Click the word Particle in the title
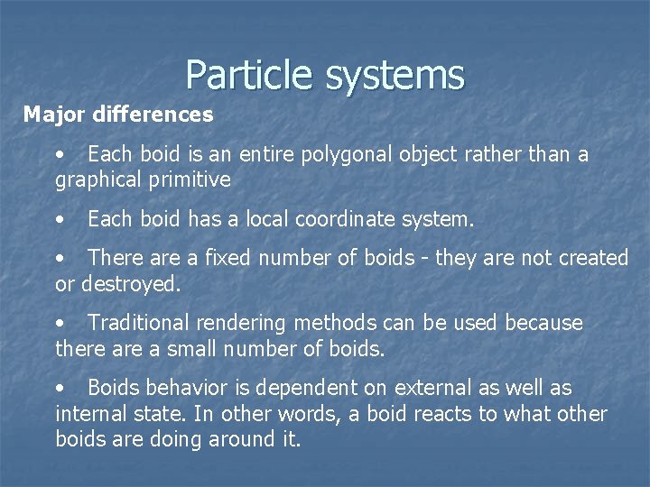[x=250, y=75]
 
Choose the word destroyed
[x=132, y=284]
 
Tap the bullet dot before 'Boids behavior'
[x=60, y=389]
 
